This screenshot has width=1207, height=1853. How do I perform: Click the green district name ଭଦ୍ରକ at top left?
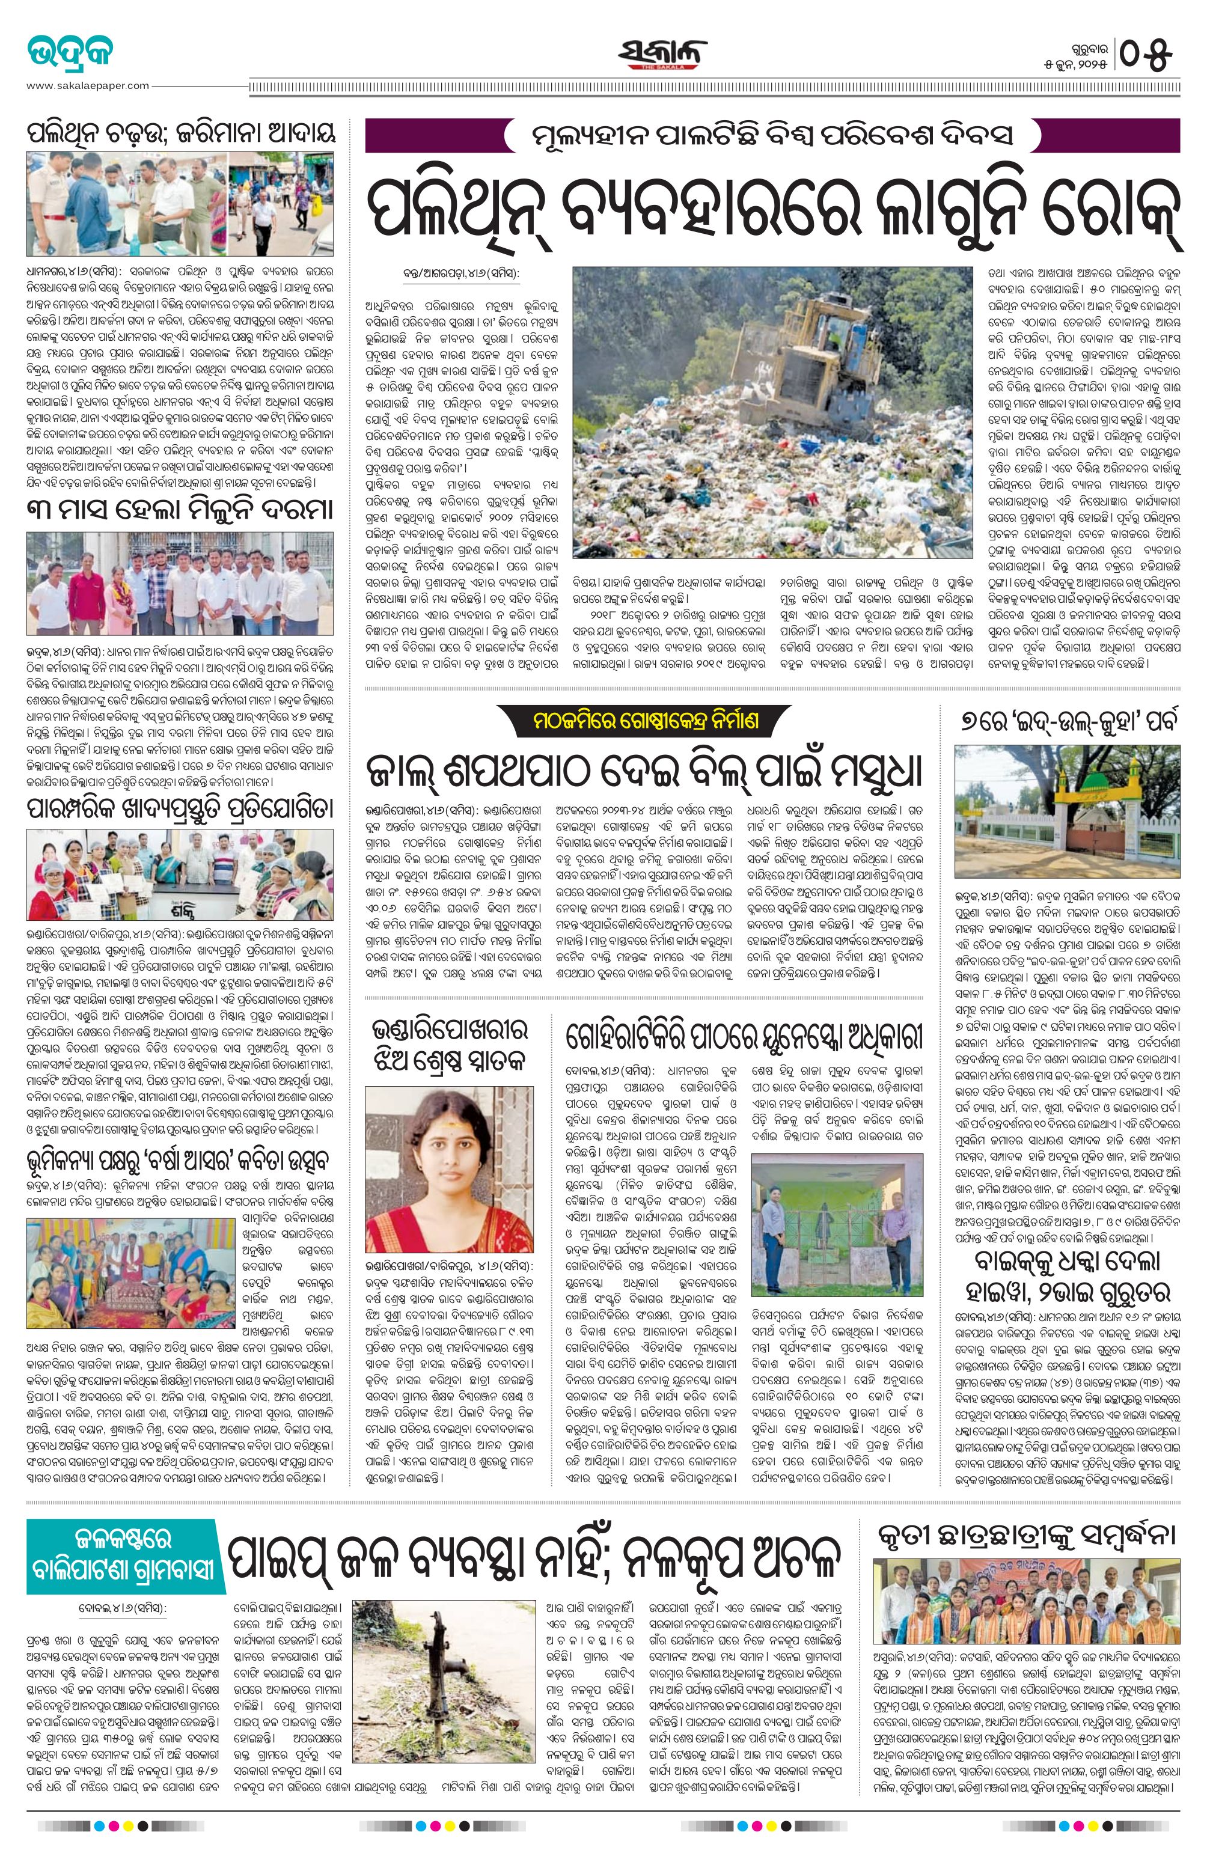pyautogui.click(x=70, y=55)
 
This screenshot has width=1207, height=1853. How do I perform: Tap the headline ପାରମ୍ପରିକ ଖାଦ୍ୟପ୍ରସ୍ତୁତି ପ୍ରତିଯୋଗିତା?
pyautogui.click(x=180, y=807)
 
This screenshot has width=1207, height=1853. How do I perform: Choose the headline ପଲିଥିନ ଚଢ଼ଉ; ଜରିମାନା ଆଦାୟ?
pyautogui.click(x=180, y=132)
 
